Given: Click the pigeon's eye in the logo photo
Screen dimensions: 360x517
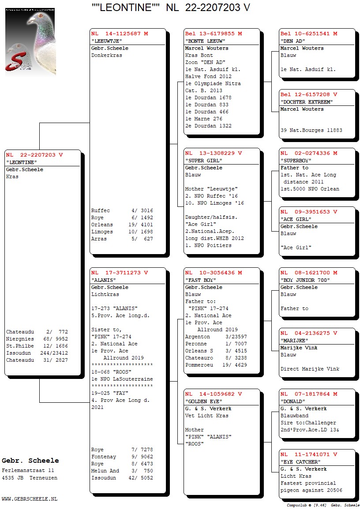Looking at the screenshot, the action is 41,15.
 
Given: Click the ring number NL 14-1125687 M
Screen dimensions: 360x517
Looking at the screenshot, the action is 120,34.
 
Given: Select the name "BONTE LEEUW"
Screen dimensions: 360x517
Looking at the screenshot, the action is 205,41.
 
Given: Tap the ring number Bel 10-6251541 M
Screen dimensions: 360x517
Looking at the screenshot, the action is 309,34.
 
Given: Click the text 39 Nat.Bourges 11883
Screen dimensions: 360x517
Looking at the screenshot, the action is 311,130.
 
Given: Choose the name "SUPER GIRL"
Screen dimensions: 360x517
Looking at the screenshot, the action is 203,161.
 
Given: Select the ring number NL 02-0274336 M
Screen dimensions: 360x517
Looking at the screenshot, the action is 309,154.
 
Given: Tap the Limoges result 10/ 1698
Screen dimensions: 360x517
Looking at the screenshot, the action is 141,232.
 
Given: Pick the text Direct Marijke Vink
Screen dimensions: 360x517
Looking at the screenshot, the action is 310,369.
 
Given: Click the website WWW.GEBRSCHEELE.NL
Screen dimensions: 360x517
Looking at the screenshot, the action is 30,499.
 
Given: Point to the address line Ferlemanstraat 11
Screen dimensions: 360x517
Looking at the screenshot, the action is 28,471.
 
